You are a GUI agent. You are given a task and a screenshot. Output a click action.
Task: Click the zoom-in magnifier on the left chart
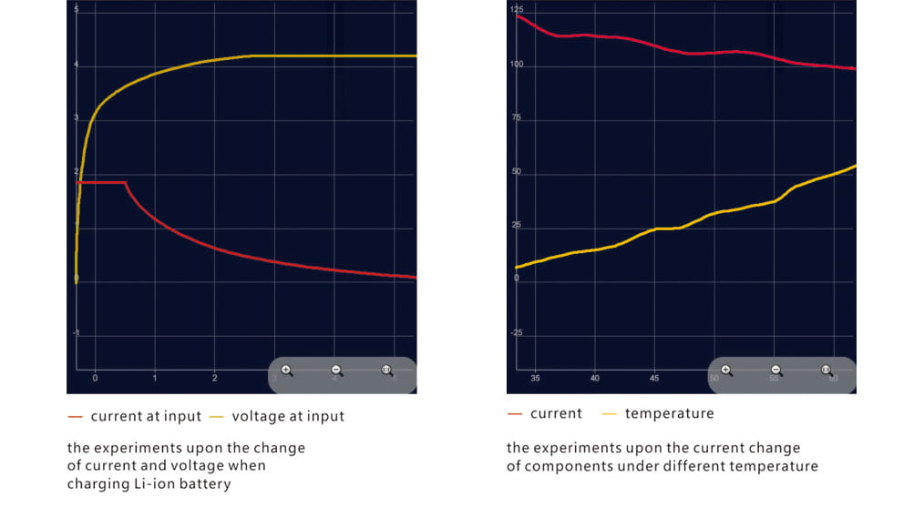point(287,371)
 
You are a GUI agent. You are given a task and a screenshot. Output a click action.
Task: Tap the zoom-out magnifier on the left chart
point(336,371)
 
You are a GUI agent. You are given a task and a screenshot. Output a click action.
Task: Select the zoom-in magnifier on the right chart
point(726,371)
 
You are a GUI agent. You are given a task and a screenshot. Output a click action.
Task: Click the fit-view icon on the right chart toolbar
point(826,371)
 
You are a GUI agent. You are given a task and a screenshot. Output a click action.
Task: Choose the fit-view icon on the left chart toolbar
point(386,371)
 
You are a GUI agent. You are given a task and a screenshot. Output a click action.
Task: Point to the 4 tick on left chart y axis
point(77,65)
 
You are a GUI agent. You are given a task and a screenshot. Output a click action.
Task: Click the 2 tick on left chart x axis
point(215,378)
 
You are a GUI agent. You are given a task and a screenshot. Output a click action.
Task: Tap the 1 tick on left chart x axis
point(155,378)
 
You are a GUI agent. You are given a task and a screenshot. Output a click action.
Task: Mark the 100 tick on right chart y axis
point(516,65)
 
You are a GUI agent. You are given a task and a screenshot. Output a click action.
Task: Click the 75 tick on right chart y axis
point(516,118)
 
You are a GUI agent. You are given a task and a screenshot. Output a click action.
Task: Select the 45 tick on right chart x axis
point(654,378)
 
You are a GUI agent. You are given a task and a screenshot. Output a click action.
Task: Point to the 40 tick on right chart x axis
point(595,378)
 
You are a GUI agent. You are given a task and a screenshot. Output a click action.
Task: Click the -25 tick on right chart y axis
point(516,333)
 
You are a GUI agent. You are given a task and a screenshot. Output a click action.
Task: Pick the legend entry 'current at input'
point(145,416)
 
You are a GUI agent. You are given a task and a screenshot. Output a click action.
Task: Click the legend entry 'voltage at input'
point(288,416)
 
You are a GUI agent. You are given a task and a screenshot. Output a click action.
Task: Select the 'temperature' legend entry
point(669,413)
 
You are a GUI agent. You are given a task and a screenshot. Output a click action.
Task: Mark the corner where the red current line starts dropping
point(125,183)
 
